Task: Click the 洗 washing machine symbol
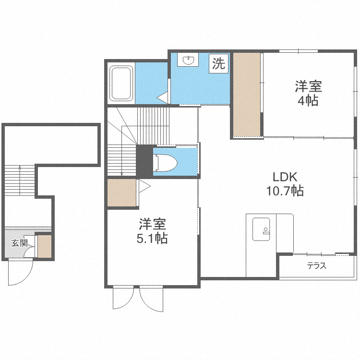pyautogui.click(x=218, y=64)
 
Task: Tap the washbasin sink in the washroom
pyautogui.click(x=188, y=60)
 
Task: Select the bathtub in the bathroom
pyautogui.click(x=121, y=84)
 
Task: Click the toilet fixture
pyautogui.click(x=165, y=162)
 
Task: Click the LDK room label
pyautogui.click(x=285, y=176)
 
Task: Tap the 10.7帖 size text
pyautogui.click(x=285, y=191)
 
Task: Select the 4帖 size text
pyautogui.click(x=308, y=101)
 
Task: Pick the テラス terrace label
pyautogui.click(x=316, y=266)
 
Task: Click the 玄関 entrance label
pyautogui.click(x=19, y=242)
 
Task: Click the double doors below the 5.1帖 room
pyautogui.click(x=138, y=298)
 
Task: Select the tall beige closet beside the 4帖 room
pyautogui.click(x=247, y=95)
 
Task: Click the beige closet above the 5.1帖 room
pyautogui.click(x=122, y=192)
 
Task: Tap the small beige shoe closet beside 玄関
pyautogui.click(x=44, y=245)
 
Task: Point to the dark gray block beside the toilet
pyautogui.click(x=144, y=161)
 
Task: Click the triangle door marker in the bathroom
pyautogui.click(x=163, y=97)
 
